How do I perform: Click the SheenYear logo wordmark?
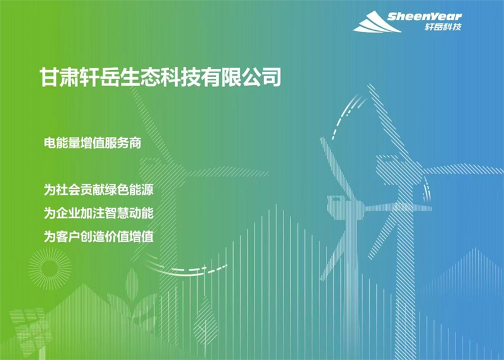[424, 16]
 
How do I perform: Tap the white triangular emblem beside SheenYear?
[377, 22]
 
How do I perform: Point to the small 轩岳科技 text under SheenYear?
[443, 27]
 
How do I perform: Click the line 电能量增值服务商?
[93, 143]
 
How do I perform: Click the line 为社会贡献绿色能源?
[99, 190]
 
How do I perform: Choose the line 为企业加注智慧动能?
[99, 213]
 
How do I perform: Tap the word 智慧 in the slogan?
[117, 213]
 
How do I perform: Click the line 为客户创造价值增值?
[99, 237]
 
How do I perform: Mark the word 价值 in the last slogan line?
[117, 237]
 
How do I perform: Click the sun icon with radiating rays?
[49, 269]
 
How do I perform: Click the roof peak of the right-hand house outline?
[476, 248]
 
